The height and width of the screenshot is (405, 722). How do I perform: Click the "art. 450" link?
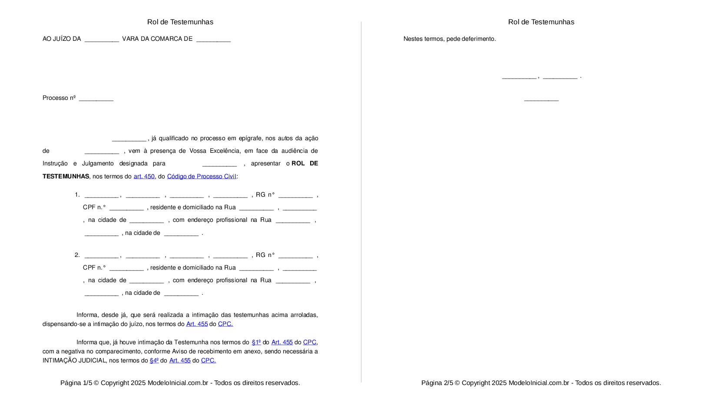click(x=144, y=176)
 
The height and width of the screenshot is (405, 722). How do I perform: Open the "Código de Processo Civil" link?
click(x=202, y=176)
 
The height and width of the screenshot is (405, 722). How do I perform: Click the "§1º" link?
click(x=256, y=342)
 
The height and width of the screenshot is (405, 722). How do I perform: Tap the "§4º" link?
click(x=154, y=360)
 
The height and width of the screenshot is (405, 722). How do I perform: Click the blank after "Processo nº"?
click(x=96, y=99)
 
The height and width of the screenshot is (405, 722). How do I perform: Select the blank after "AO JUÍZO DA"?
click(x=102, y=40)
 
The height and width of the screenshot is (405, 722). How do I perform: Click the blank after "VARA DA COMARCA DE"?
click(x=213, y=40)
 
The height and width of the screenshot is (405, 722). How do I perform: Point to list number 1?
click(x=77, y=194)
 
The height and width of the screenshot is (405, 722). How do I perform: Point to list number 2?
click(x=77, y=255)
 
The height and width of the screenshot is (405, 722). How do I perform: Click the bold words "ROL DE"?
click(x=305, y=163)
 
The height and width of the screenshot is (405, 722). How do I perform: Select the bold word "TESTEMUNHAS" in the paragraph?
click(x=66, y=176)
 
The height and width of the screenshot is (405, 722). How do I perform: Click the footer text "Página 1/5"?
click(x=76, y=383)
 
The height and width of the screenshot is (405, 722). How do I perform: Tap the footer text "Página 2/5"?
click(x=437, y=383)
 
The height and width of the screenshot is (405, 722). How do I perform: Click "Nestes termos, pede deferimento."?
click(x=449, y=39)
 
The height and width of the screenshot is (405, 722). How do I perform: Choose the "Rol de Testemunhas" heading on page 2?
click(x=541, y=22)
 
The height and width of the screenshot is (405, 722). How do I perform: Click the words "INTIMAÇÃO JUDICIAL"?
click(x=74, y=360)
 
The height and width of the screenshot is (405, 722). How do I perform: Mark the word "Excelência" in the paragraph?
click(x=225, y=151)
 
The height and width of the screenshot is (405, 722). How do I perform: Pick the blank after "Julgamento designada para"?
click(x=219, y=164)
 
